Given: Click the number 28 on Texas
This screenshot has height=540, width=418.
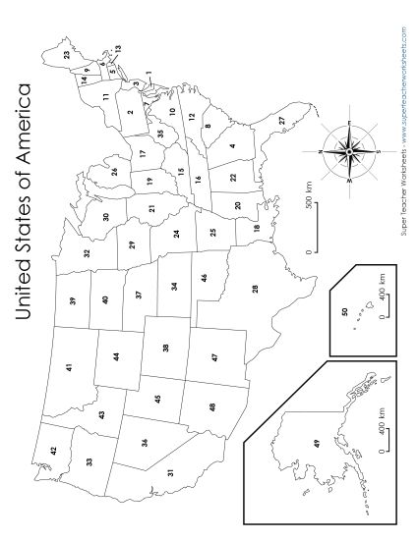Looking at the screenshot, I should tap(256, 288).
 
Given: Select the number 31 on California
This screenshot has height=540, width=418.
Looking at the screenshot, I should tap(169, 472).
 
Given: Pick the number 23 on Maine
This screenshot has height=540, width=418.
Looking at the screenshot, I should tap(67, 57).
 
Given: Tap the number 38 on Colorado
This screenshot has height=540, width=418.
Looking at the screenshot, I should tap(165, 347).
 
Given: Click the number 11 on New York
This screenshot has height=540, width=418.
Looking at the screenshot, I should tap(103, 97).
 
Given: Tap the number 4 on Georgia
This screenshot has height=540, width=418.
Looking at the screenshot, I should tap(232, 146).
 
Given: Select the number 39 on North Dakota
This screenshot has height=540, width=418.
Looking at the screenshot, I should tap(72, 300).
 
